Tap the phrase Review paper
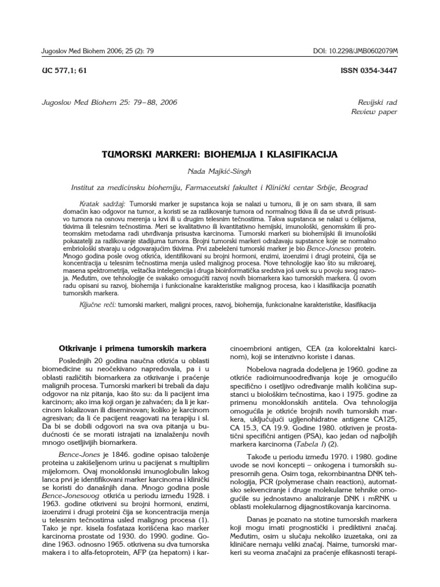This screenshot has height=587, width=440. click(x=374, y=112)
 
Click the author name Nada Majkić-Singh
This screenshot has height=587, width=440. click(x=220, y=171)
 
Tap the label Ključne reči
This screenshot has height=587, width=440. click(x=97, y=304)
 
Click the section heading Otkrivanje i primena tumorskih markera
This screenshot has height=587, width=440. click(x=133, y=348)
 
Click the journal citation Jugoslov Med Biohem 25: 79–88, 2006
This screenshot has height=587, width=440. click(x=108, y=103)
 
